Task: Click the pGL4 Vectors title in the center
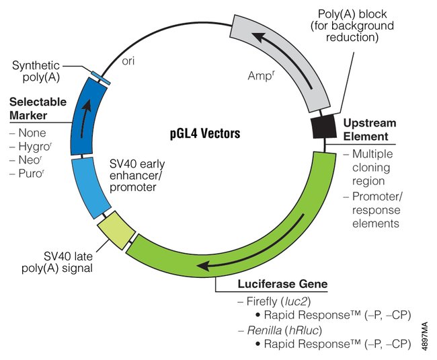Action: click(x=204, y=133)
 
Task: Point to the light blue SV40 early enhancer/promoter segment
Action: click(x=91, y=186)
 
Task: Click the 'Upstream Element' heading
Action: click(x=370, y=130)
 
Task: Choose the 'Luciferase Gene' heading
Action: click(x=282, y=284)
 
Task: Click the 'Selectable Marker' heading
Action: click(x=38, y=108)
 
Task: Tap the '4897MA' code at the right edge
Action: click(x=426, y=334)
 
